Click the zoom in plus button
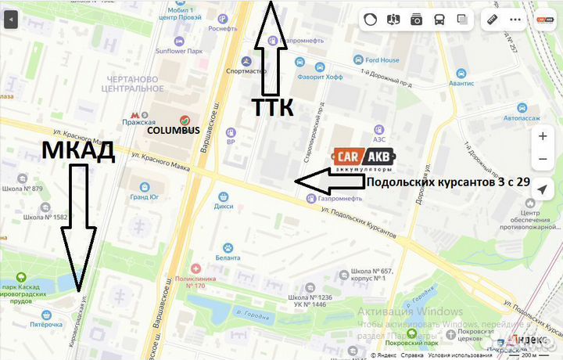coord(543,135)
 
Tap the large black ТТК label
coord(272,107)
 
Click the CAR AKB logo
coord(364,160)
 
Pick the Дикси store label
coord(224,207)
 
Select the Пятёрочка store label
coord(45,323)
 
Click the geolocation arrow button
coord(543,186)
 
